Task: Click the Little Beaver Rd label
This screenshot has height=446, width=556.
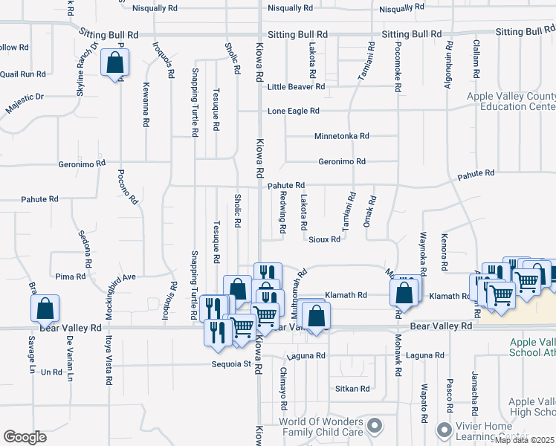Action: [297, 87]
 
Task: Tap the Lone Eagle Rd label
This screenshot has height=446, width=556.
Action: [294, 111]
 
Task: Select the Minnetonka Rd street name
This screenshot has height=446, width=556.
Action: [341, 137]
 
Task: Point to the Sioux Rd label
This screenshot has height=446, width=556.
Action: [325, 239]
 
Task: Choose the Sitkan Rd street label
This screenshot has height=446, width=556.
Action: [353, 389]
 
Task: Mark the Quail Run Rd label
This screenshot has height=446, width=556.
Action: [23, 74]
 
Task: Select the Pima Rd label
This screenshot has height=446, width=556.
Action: [71, 276]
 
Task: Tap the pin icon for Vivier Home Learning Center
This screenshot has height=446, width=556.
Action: [445, 429]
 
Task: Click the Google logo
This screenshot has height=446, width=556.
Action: [25, 436]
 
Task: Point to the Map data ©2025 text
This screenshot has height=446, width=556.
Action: [524, 440]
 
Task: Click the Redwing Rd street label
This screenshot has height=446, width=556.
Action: [283, 212]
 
